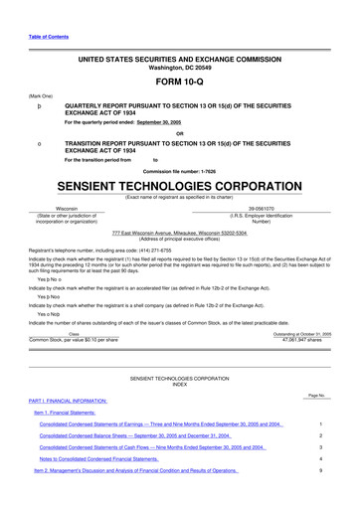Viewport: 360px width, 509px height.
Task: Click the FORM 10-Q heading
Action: click(x=179, y=81)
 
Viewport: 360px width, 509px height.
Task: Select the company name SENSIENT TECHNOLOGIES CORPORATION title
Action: click(x=179, y=187)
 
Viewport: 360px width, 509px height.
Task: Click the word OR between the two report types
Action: click(x=179, y=133)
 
